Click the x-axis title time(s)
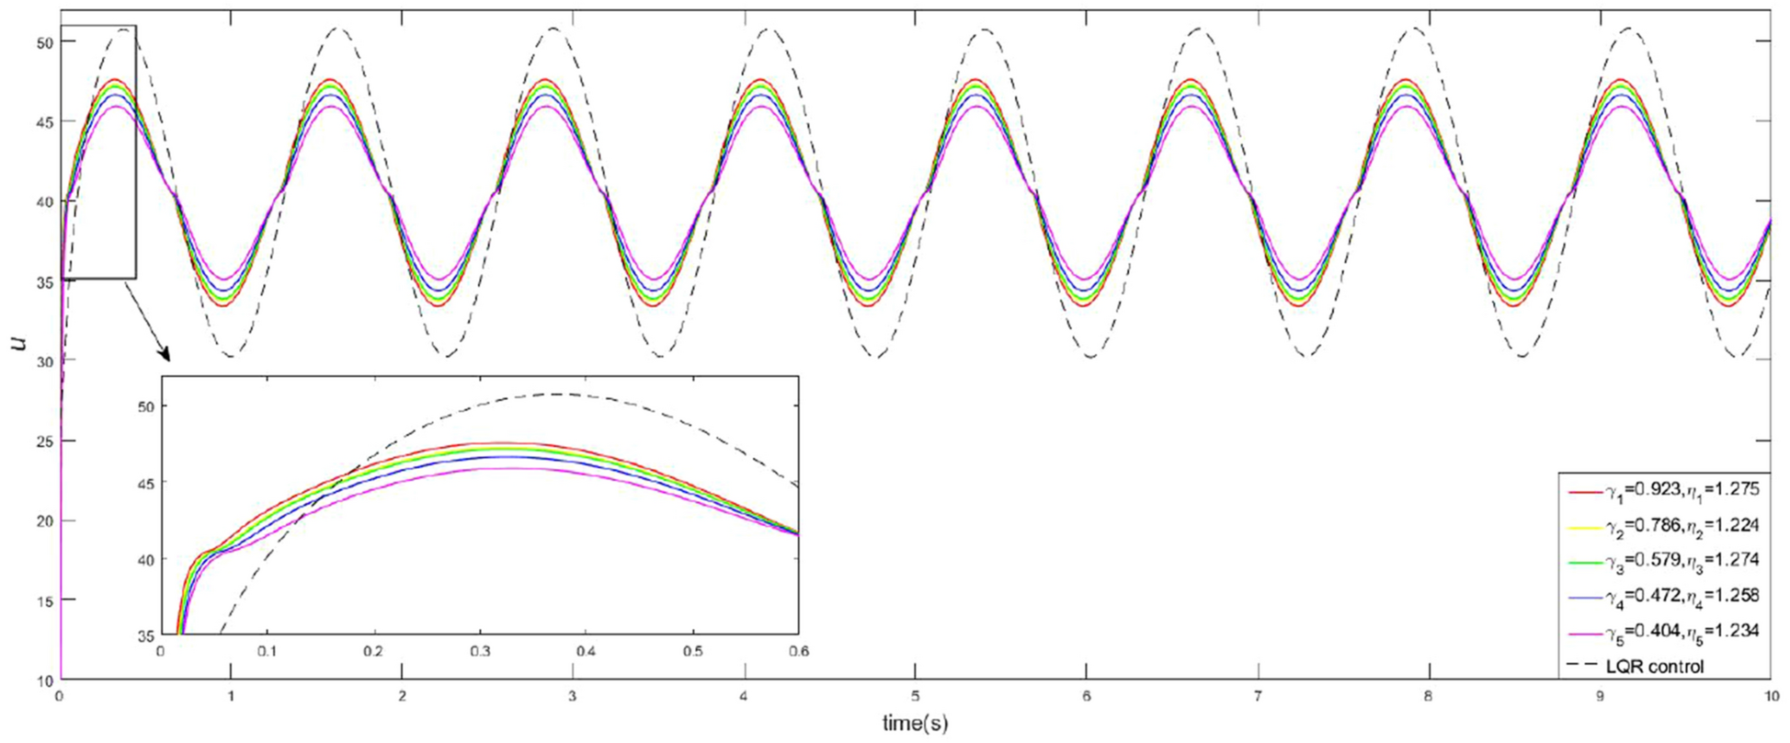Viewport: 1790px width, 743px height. tap(914, 724)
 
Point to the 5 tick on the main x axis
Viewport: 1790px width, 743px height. tap(915, 696)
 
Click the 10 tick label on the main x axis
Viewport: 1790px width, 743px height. tap(1769, 696)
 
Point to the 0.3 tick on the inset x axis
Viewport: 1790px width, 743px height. tap(480, 651)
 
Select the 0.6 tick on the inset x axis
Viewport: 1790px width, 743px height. tap(798, 651)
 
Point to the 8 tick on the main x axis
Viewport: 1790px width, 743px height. tap(1428, 696)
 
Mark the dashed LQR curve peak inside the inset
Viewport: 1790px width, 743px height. tap(558, 394)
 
